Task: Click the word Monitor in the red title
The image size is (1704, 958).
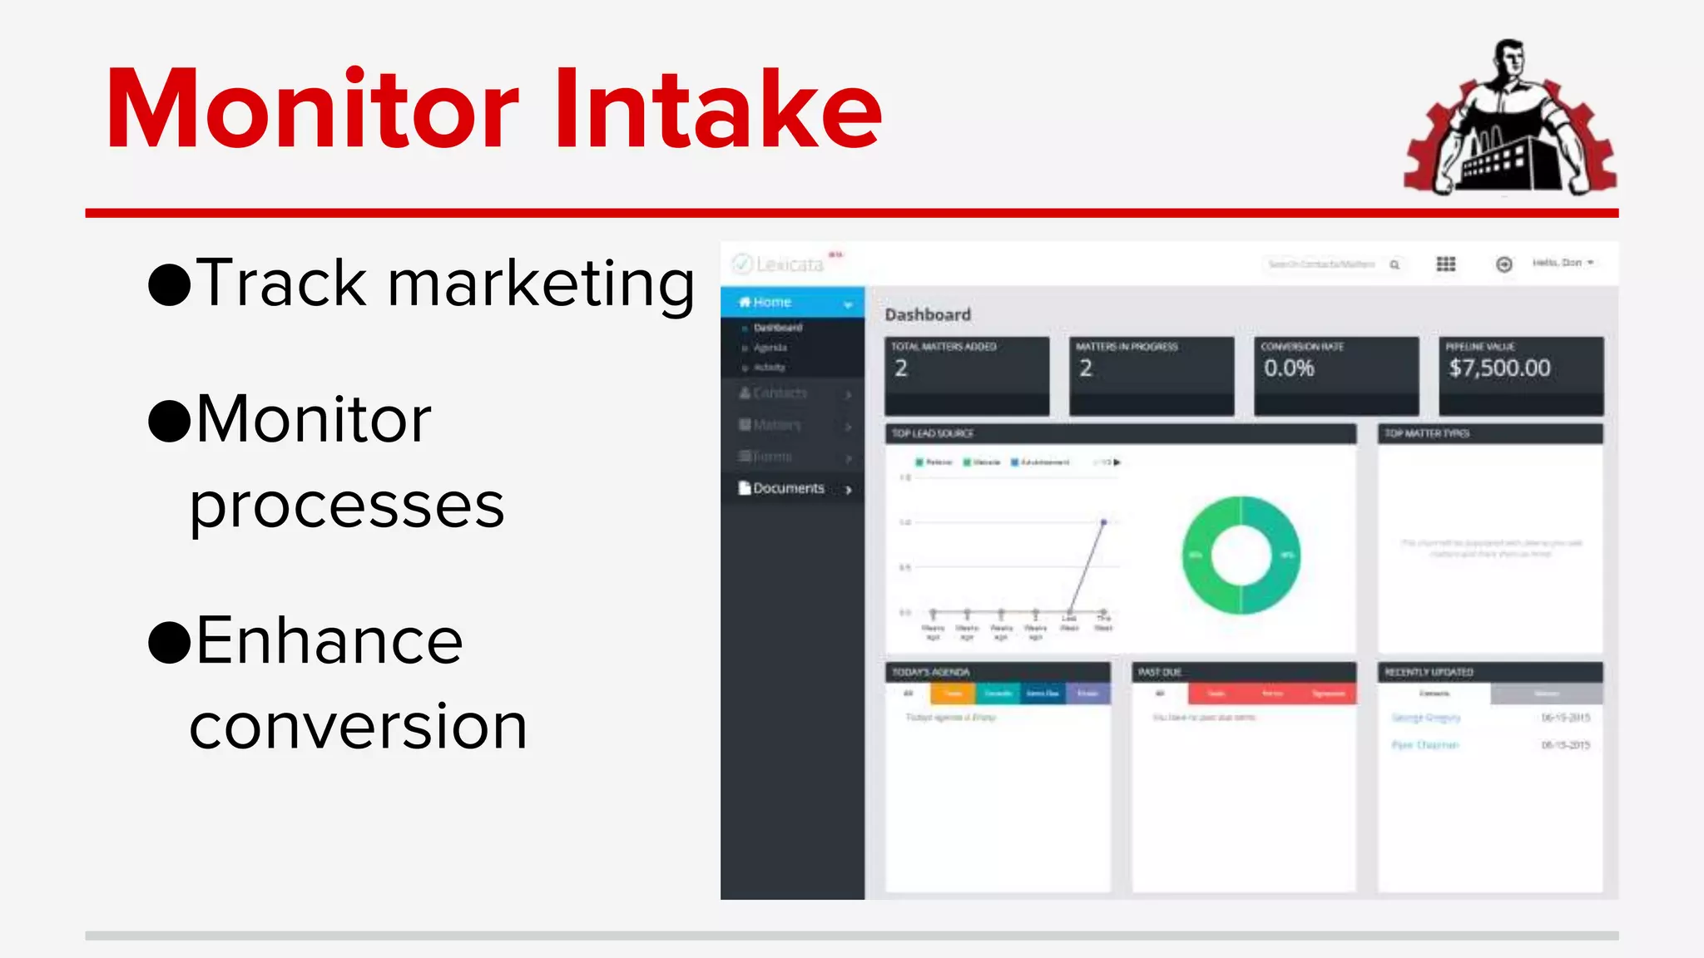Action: coord(312,110)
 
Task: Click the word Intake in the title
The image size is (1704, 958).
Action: coord(717,110)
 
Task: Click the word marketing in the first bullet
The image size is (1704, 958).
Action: coord(541,285)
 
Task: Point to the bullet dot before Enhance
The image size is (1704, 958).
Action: coord(170,643)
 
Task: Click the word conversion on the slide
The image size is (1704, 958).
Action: coord(358,727)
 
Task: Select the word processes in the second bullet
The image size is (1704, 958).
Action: coord(347,506)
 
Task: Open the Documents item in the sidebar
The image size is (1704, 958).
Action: coord(789,488)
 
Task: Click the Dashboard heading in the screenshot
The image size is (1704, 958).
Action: coord(928,315)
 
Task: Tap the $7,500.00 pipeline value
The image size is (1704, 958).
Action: coord(1499,368)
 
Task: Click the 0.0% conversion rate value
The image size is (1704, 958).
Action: coord(1289,368)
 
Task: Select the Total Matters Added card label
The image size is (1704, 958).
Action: coord(944,347)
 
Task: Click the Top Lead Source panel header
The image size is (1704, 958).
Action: coord(933,433)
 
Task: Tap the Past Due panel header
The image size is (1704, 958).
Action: coord(1160,672)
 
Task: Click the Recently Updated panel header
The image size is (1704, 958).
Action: coord(1429,672)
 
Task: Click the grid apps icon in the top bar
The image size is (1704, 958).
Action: coord(1446,264)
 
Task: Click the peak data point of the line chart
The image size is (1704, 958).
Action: coord(1103,522)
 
